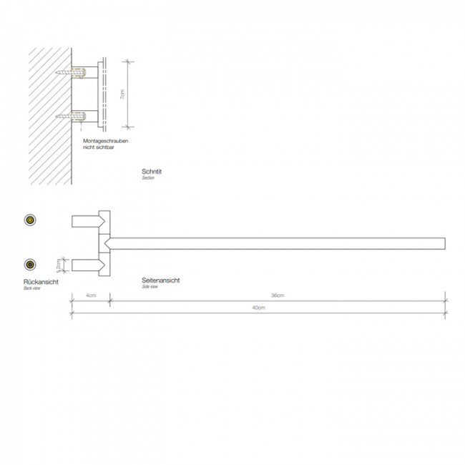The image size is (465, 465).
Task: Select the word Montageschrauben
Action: pyautogui.click(x=106, y=141)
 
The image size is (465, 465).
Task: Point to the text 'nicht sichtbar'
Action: pyautogui.click(x=99, y=147)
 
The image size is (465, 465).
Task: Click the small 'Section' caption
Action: pyautogui.click(x=148, y=178)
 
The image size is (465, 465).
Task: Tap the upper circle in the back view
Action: pyautogui.click(x=30, y=219)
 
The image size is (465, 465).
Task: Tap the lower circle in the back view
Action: pyautogui.click(x=30, y=263)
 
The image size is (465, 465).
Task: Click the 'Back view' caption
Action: pyautogui.click(x=32, y=288)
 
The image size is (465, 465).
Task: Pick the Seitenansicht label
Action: pyautogui.click(x=160, y=280)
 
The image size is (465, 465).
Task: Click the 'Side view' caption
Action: pyautogui.click(x=150, y=287)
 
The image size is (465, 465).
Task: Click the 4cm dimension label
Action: pyautogui.click(x=91, y=295)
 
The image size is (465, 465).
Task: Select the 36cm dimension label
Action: pyautogui.click(x=278, y=295)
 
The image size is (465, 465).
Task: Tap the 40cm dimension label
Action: pyautogui.click(x=258, y=308)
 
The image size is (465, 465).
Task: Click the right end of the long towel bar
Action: pyautogui.click(x=443, y=243)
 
